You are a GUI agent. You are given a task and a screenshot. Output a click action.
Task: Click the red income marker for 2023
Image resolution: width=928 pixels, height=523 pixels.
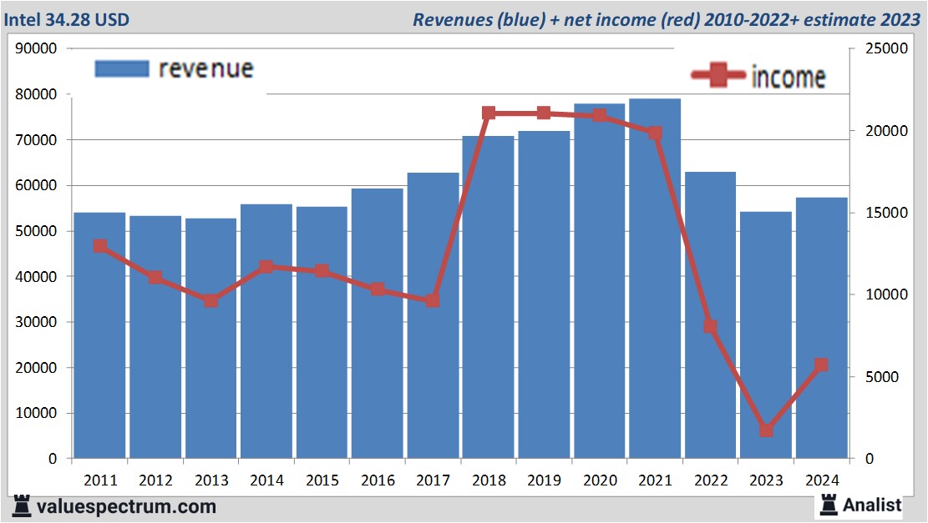(766, 430)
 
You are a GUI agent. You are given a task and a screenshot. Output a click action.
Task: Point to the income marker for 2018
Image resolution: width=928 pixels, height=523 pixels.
(489, 113)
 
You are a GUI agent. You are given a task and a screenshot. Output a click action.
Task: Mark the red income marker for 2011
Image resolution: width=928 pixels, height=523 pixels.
(100, 246)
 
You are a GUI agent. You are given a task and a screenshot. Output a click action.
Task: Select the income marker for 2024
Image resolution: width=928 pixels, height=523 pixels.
(821, 365)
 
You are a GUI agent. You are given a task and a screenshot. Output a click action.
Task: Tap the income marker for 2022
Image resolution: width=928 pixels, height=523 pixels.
(710, 326)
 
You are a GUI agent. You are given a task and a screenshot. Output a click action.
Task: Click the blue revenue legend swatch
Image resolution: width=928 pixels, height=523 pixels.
(122, 68)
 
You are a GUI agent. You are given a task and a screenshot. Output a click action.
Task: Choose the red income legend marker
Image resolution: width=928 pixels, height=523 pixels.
(718, 76)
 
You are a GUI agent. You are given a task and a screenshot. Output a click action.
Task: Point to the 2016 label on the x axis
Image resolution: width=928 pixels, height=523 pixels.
(378, 480)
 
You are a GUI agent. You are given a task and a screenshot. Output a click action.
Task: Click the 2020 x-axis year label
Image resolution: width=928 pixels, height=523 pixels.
(600, 480)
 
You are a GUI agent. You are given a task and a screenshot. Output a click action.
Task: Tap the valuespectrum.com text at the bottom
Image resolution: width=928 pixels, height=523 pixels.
(126, 506)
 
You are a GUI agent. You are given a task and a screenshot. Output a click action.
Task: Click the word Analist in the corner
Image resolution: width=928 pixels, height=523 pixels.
(872, 505)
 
